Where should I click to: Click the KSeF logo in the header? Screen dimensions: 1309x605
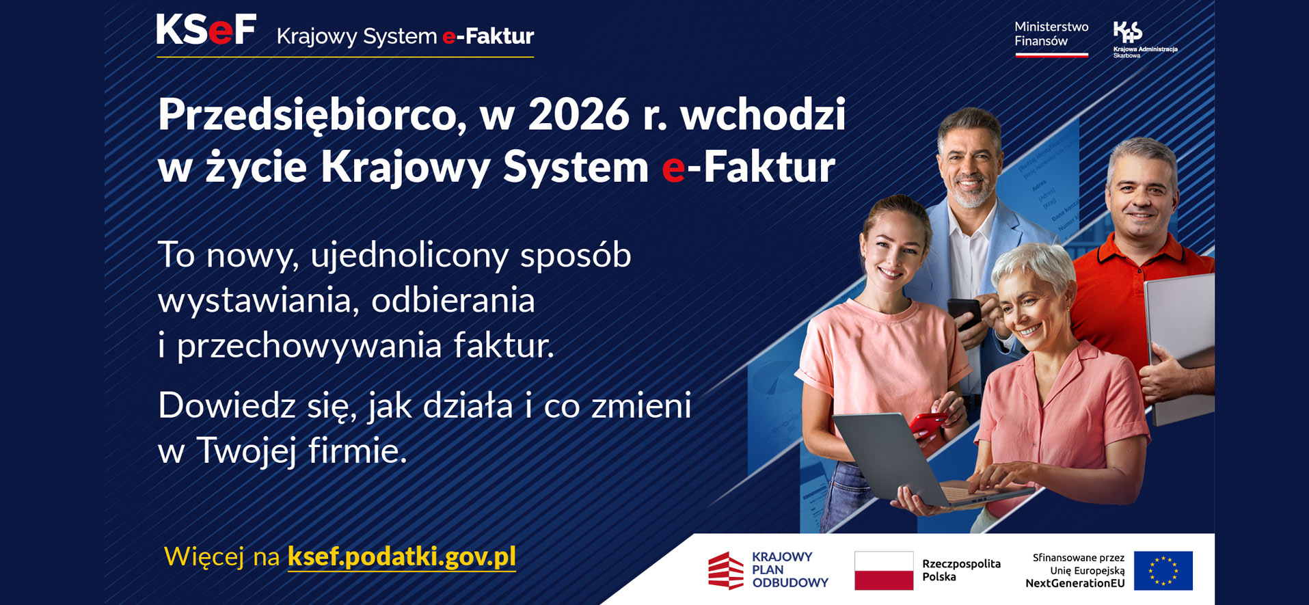coord(206,30)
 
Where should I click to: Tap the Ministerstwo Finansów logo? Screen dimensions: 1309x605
coord(1051,38)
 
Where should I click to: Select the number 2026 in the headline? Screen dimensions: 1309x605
coord(578,114)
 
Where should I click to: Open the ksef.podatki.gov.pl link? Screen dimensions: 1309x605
coord(402,556)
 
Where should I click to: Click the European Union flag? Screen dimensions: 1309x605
coord(1163,570)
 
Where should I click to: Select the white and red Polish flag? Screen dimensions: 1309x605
coord(884,570)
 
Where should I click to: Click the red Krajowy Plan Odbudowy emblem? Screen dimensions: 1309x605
coord(725,570)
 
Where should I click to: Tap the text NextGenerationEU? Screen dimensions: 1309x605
coord(1075,583)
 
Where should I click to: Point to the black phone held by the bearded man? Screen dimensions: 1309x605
coord(964,314)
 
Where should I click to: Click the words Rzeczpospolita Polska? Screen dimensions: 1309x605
coord(961,570)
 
